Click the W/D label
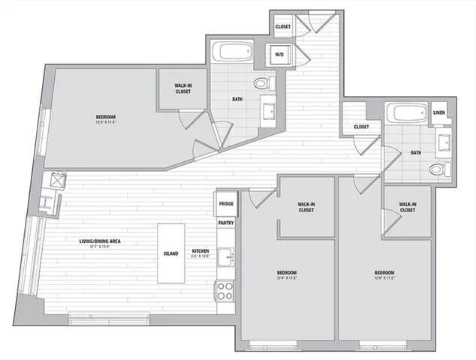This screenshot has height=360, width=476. (x=279, y=55)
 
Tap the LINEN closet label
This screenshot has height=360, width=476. (x=439, y=113)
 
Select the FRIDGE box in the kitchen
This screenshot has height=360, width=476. (x=226, y=203)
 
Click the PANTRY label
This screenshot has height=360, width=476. (x=226, y=222)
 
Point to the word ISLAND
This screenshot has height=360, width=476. (x=171, y=253)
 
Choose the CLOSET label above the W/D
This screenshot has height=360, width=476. (x=283, y=27)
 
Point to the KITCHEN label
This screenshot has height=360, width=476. (x=200, y=252)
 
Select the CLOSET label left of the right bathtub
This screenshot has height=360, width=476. (x=361, y=127)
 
